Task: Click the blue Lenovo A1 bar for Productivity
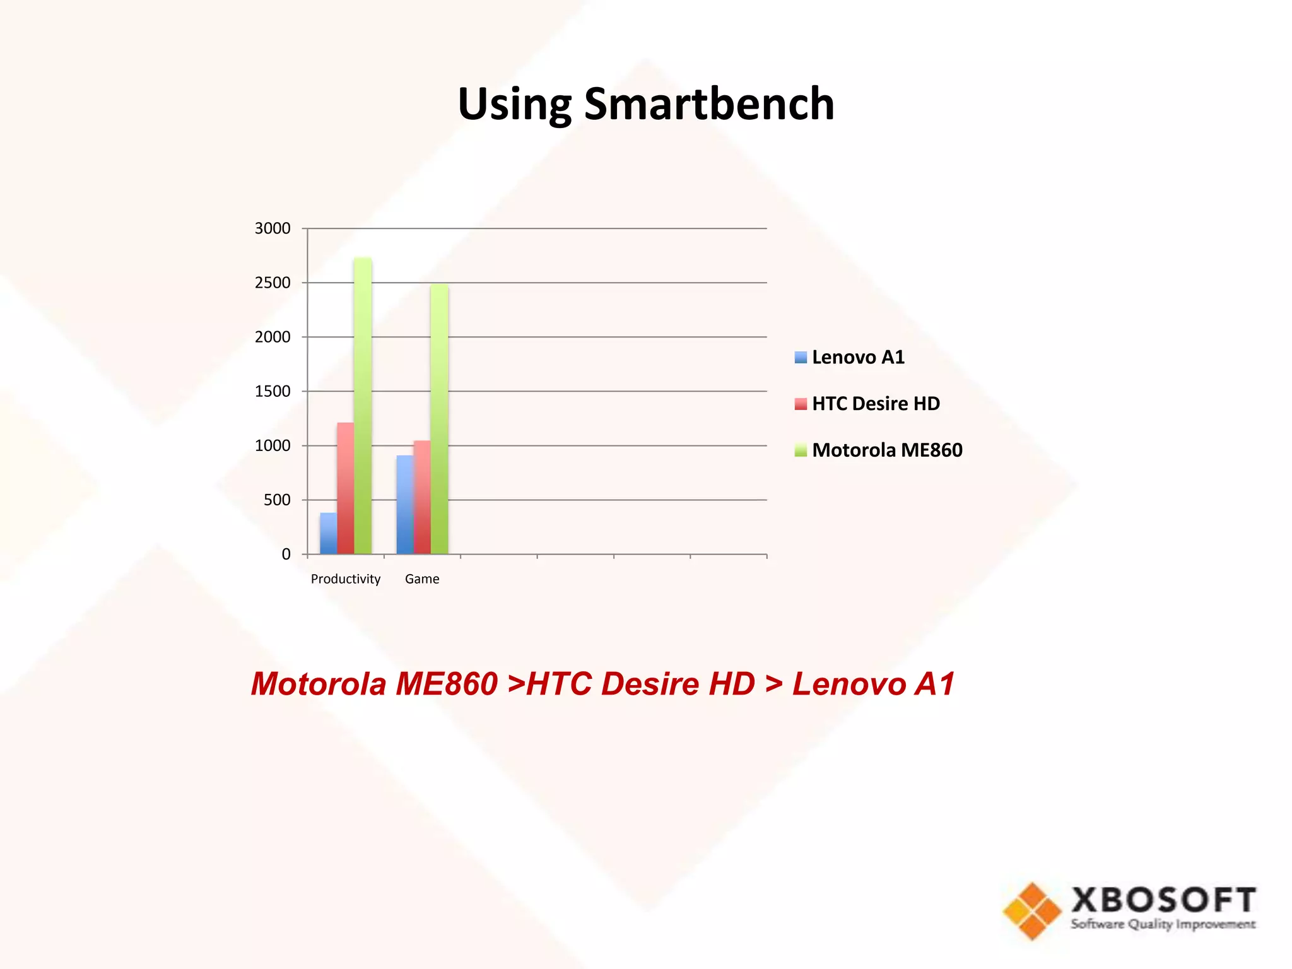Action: pyautogui.click(x=328, y=534)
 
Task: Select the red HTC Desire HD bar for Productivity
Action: pyautogui.click(x=345, y=488)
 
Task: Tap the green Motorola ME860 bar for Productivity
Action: pyautogui.click(x=363, y=406)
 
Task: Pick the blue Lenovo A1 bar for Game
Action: pyautogui.click(x=405, y=505)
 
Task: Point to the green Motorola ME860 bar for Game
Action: pyautogui.click(x=439, y=419)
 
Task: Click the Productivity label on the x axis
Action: pyautogui.click(x=346, y=579)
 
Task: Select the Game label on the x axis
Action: pyautogui.click(x=422, y=579)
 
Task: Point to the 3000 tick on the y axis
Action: pyautogui.click(x=273, y=228)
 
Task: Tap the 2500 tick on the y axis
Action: pyautogui.click(x=273, y=283)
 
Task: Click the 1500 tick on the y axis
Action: pyautogui.click(x=273, y=391)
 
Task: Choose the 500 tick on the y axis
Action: pyautogui.click(x=277, y=500)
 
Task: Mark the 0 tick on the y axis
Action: pyautogui.click(x=286, y=555)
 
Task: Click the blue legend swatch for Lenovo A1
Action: pyautogui.click(x=801, y=358)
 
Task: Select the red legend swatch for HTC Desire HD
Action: pyautogui.click(x=801, y=404)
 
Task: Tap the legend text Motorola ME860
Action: pyautogui.click(x=887, y=450)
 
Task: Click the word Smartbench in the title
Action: pyautogui.click(x=709, y=103)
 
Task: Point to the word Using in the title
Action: pyautogui.click(x=515, y=105)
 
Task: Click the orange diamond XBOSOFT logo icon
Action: pyautogui.click(x=1032, y=911)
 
